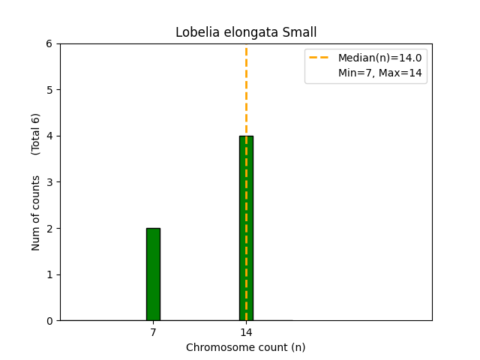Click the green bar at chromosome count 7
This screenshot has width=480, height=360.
pos(153,274)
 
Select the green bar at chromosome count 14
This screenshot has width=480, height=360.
pos(246,228)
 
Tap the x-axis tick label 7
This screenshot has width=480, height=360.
pos(153,332)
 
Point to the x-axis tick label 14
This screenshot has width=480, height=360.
pos(246,332)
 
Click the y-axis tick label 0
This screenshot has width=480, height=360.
pos(49,321)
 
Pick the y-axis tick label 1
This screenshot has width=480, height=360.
pos(49,274)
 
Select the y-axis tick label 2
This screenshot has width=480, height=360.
pos(49,229)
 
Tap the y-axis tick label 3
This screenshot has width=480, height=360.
pos(49,182)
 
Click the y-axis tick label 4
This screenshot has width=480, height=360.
pos(49,136)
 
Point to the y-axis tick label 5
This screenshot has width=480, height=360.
pos(49,90)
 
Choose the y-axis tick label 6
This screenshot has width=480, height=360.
pos(49,44)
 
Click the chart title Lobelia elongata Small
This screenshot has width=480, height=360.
pos(246,32)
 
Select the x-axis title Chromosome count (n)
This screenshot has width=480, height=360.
pos(246,347)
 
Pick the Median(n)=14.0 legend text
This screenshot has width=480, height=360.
pos(379,58)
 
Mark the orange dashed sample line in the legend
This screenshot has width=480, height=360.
pos(320,58)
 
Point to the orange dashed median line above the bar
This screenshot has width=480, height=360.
pos(246,90)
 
